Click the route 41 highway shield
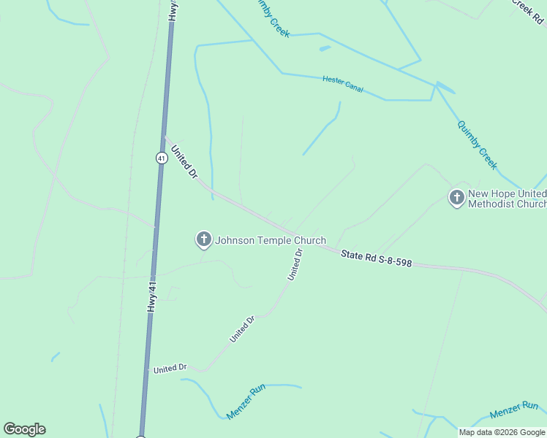(161, 157)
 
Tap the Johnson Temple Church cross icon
(203, 239)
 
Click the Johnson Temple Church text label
(271, 240)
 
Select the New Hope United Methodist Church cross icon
(456, 197)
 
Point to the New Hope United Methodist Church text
(507, 199)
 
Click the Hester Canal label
(342, 84)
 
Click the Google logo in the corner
(24, 429)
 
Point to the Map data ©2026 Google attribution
(502, 432)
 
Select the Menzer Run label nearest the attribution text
(513, 410)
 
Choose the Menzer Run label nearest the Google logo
(245, 401)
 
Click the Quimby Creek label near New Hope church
(477, 145)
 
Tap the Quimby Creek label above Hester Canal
(270, 18)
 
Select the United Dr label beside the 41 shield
(184, 162)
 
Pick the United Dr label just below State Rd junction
(295, 264)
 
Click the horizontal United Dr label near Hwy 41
(170, 369)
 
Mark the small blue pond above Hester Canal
(325, 49)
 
